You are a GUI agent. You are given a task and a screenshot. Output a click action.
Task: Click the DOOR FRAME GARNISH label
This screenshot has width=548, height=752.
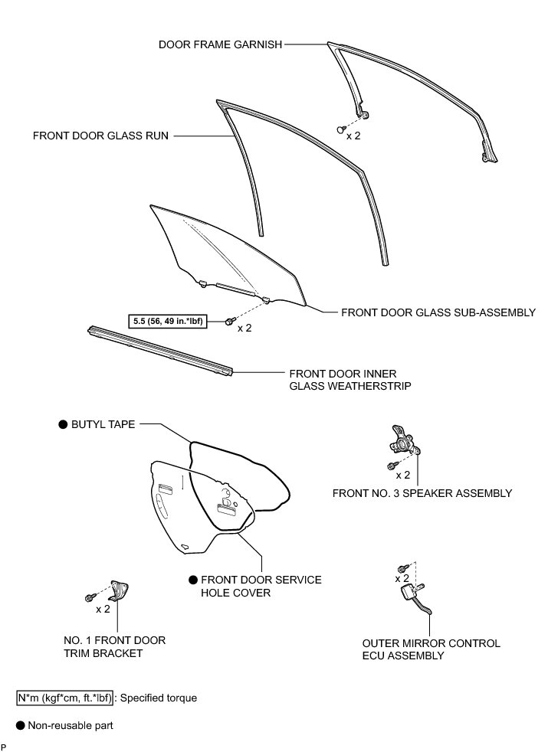pyautogui.click(x=221, y=44)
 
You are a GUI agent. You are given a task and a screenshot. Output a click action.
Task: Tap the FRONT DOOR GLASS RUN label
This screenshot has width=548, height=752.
pyautogui.click(x=100, y=136)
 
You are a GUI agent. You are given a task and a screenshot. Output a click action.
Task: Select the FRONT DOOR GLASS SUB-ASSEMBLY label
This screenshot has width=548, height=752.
pyautogui.click(x=438, y=312)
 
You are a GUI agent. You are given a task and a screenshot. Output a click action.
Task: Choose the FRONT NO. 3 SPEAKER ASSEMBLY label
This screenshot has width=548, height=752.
pyautogui.click(x=422, y=493)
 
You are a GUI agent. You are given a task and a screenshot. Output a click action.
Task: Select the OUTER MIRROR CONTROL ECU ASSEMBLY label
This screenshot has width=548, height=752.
pyautogui.click(x=432, y=649)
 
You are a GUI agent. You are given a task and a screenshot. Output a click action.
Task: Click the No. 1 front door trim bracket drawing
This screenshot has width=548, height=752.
pyautogui.click(x=120, y=590)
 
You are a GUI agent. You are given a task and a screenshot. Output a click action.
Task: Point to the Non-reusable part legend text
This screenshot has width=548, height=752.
pyautogui.click(x=71, y=724)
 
